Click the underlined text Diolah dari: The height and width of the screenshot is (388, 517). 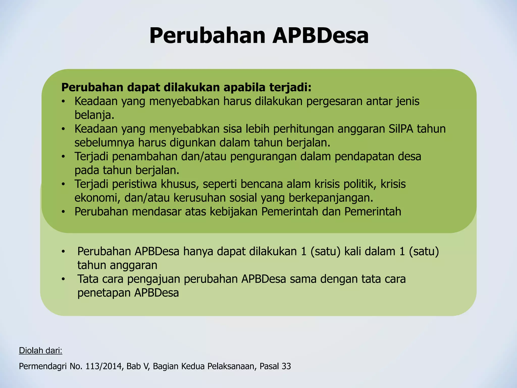(x=41, y=351)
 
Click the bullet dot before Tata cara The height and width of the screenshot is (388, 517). (x=63, y=279)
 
